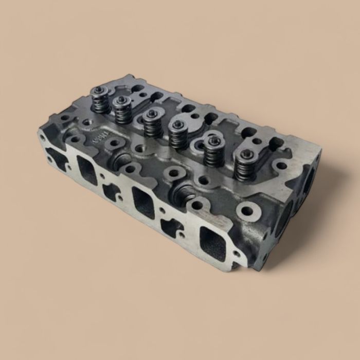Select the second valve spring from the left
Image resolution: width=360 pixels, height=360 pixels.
[x=122, y=111]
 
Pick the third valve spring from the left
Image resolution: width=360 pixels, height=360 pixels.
[x=151, y=123]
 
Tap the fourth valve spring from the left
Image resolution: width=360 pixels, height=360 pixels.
[x=178, y=134]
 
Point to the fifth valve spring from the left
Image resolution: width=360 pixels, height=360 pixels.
[x=212, y=151]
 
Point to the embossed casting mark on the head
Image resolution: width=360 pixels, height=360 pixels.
[x=98, y=137]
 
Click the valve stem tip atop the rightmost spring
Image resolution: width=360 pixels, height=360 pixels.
[x=243, y=154]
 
